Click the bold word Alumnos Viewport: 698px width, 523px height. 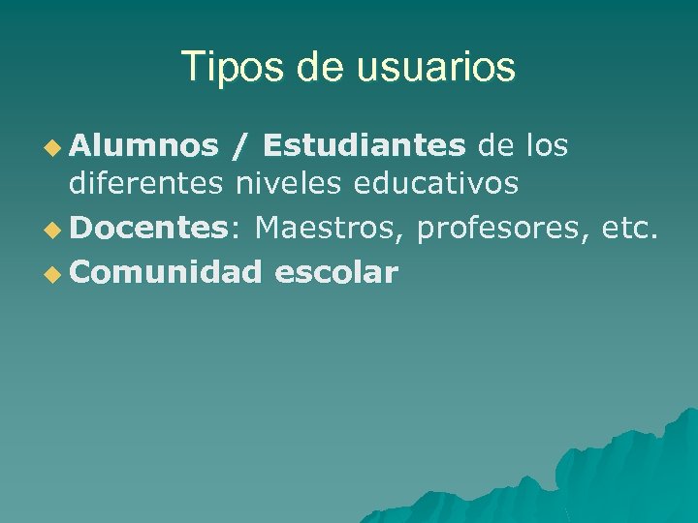click(x=144, y=145)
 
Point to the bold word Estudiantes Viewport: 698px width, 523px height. click(x=364, y=145)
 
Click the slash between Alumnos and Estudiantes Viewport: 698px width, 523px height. click(x=238, y=145)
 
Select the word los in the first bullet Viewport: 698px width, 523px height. click(x=547, y=145)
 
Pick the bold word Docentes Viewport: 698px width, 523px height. click(x=147, y=228)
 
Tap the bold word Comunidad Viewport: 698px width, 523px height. click(x=166, y=272)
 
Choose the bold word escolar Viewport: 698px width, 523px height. click(x=336, y=272)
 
